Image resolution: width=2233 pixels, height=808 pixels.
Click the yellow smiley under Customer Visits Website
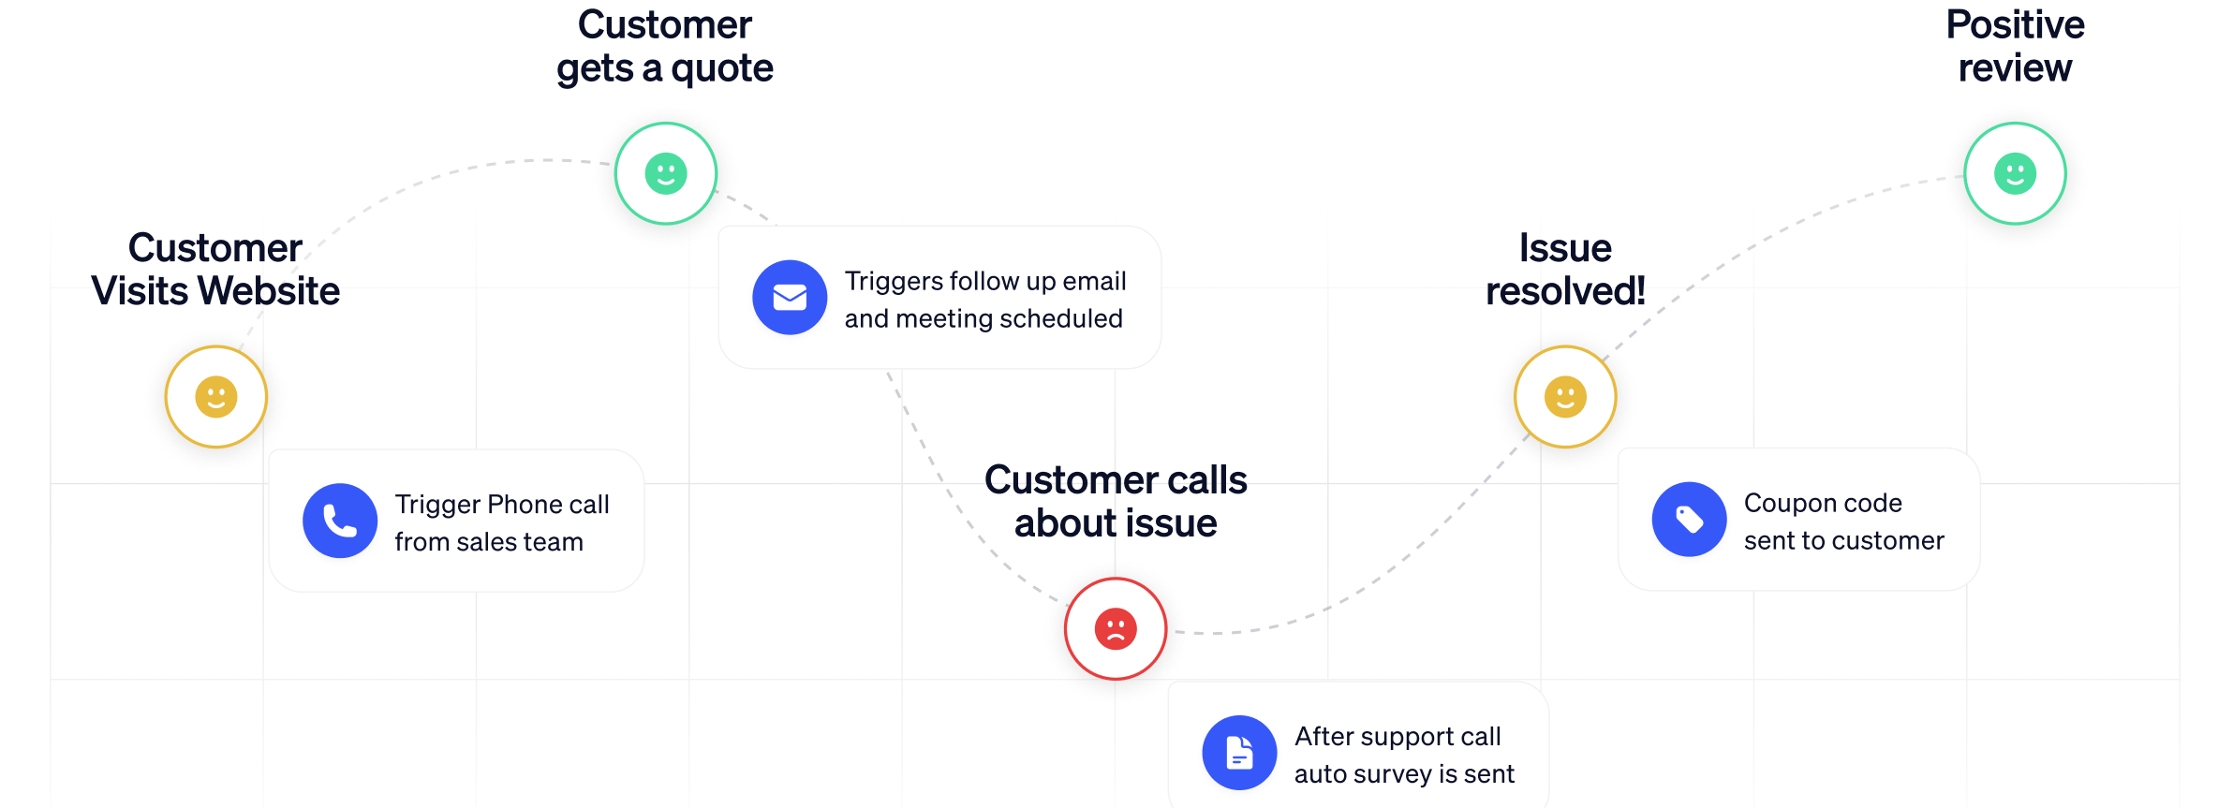(216, 397)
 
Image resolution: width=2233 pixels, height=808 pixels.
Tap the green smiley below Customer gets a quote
(666, 173)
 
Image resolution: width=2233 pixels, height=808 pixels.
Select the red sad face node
(1116, 628)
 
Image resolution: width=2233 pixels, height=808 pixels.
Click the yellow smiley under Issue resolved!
(1565, 397)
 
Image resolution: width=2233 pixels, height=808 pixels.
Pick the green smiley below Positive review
(2015, 173)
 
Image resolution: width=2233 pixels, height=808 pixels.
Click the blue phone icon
(340, 521)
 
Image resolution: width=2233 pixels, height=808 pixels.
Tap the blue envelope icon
(790, 297)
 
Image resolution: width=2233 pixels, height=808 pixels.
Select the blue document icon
(1239, 753)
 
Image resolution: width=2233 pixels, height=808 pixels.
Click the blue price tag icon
(1689, 520)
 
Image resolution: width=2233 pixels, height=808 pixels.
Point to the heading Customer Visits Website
(215, 270)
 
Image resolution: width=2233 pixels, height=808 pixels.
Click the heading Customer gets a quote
(665, 47)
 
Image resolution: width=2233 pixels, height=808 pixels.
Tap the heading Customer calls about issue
(1116, 502)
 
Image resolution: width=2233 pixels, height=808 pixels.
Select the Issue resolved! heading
(1565, 270)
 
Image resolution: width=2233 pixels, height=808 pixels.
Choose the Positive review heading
(2015, 47)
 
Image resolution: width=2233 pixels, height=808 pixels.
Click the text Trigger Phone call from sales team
(501, 522)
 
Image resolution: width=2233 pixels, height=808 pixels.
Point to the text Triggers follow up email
(984, 281)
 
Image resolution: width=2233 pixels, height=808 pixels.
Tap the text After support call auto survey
(1403, 755)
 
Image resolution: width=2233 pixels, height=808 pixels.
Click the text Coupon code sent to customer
(1843, 522)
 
